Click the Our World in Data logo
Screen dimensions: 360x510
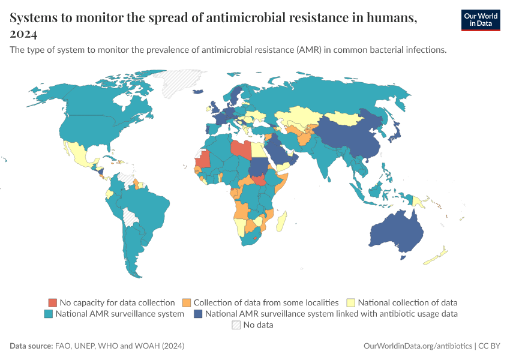(x=481, y=20)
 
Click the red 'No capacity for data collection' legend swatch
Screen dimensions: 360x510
(x=53, y=302)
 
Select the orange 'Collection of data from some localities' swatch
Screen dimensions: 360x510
(x=187, y=302)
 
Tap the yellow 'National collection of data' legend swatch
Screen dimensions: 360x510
(x=353, y=302)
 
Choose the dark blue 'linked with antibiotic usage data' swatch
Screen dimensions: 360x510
(x=197, y=313)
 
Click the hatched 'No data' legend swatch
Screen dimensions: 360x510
(x=236, y=325)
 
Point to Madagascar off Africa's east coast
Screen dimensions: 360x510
(x=281, y=220)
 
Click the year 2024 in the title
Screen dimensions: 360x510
(x=24, y=33)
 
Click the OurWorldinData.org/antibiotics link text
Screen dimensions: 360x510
(x=418, y=346)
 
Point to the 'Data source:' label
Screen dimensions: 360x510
(x=31, y=346)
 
